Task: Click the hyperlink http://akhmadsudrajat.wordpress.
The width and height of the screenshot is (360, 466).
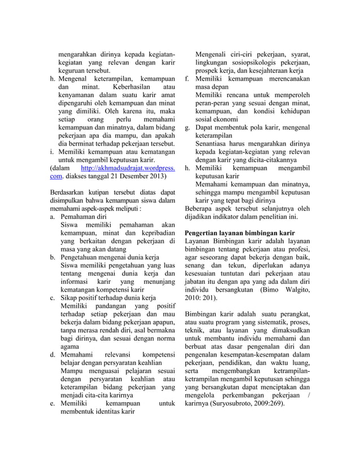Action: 128,153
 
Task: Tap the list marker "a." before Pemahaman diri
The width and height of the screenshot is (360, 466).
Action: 53,216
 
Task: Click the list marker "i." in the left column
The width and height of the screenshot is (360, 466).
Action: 52,135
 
